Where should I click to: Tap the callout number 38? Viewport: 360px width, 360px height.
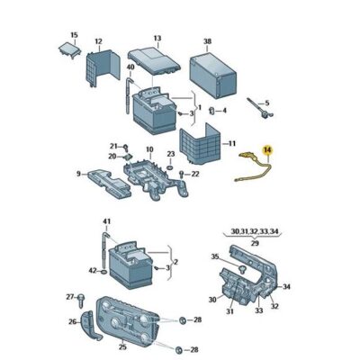coord(208,41)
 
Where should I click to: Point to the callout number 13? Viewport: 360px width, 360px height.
coord(157,39)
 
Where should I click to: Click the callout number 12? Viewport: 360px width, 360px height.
coord(98,41)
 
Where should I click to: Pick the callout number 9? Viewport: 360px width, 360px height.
coord(78,174)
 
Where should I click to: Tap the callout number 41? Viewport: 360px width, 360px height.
coord(105,221)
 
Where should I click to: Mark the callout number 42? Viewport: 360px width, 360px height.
coord(93,269)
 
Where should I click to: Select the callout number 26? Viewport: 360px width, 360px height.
coord(73,321)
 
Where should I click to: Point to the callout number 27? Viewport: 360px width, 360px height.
coord(68,296)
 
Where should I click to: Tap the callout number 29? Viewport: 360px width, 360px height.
coord(255,243)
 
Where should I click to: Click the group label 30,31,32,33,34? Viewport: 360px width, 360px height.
coord(256,232)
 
